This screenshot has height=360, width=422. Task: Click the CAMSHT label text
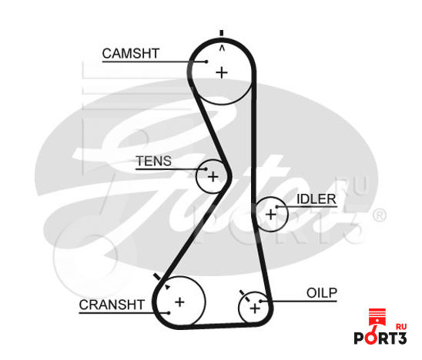tap(131, 54)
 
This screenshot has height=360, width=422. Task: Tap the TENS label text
tap(154, 161)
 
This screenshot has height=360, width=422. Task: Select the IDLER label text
tap(316, 199)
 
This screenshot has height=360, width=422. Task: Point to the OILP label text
tap(322, 293)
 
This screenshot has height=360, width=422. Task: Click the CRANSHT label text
tap(112, 305)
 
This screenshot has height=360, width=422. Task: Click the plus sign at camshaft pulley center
tap(222, 73)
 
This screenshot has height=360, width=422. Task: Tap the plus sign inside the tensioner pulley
tap(213, 177)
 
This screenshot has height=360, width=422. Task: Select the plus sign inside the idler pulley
tap(271, 215)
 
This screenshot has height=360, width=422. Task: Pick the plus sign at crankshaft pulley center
tap(179, 302)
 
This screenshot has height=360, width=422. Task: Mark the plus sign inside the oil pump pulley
tap(255, 308)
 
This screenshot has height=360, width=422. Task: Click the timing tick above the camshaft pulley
tap(222, 33)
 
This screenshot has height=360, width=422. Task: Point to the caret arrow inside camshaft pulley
tap(222, 48)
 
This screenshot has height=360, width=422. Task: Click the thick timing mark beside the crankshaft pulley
tap(157, 277)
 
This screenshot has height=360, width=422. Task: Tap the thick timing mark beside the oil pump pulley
tap(243, 292)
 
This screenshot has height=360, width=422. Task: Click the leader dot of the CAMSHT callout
tap(206, 62)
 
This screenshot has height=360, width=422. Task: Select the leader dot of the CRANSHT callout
tap(169, 313)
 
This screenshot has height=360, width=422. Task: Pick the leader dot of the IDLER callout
tap(277, 207)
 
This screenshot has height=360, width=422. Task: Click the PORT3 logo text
tap(380, 338)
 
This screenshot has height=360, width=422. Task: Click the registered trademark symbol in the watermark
tap(380, 215)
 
